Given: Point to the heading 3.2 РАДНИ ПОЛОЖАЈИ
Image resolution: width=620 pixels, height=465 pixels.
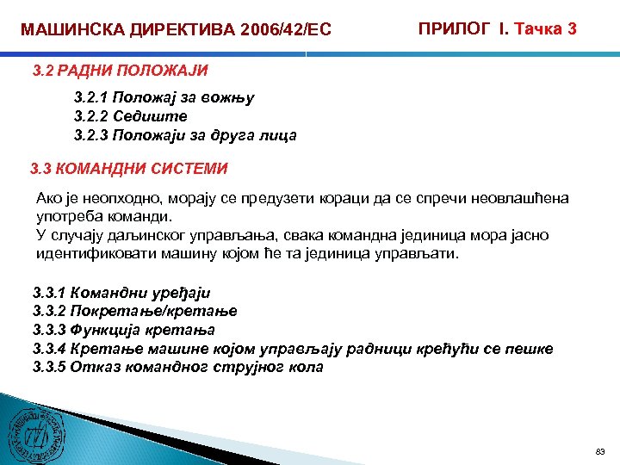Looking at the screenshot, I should (x=120, y=70).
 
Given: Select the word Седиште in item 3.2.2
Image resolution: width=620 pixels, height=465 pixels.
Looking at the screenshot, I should (x=157, y=116).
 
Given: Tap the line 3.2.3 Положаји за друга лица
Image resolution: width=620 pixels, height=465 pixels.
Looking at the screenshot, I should (x=185, y=135).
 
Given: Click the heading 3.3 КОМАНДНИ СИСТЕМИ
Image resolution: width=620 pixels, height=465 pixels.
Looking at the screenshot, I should (x=129, y=168).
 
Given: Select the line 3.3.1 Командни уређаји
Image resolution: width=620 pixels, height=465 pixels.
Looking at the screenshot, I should (x=121, y=293).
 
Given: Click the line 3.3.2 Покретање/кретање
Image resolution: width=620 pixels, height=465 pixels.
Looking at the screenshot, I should (x=134, y=311).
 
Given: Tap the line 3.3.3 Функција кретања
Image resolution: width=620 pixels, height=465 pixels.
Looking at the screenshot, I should (x=124, y=330).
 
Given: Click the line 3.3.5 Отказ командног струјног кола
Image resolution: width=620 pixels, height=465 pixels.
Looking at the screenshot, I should (x=177, y=367).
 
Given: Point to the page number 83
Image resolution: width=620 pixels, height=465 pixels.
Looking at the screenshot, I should (x=600, y=451).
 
